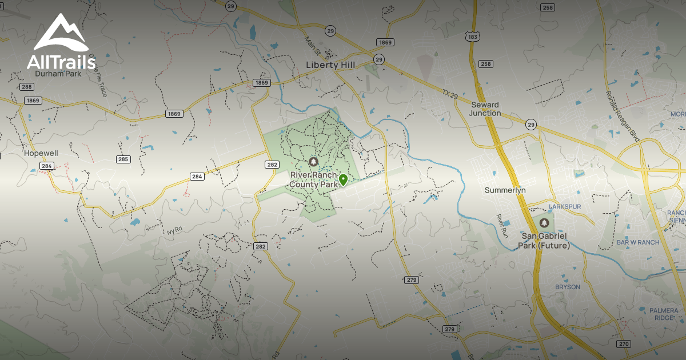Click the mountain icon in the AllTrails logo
(61, 33)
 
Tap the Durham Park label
(58, 73)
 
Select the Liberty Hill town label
(331, 65)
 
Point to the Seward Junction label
(485, 109)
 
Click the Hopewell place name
(41, 154)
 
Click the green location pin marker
(343, 180)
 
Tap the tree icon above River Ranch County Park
(313, 162)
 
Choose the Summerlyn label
(505, 190)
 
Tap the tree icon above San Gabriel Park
(544, 223)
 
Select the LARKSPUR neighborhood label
(564, 206)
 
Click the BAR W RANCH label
(638, 242)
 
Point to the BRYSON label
(568, 287)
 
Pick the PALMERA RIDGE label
(664, 314)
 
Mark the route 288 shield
(26, 87)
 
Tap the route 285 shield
(123, 159)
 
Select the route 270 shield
(624, 343)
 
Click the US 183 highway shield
(473, 37)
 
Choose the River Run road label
(501, 226)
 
